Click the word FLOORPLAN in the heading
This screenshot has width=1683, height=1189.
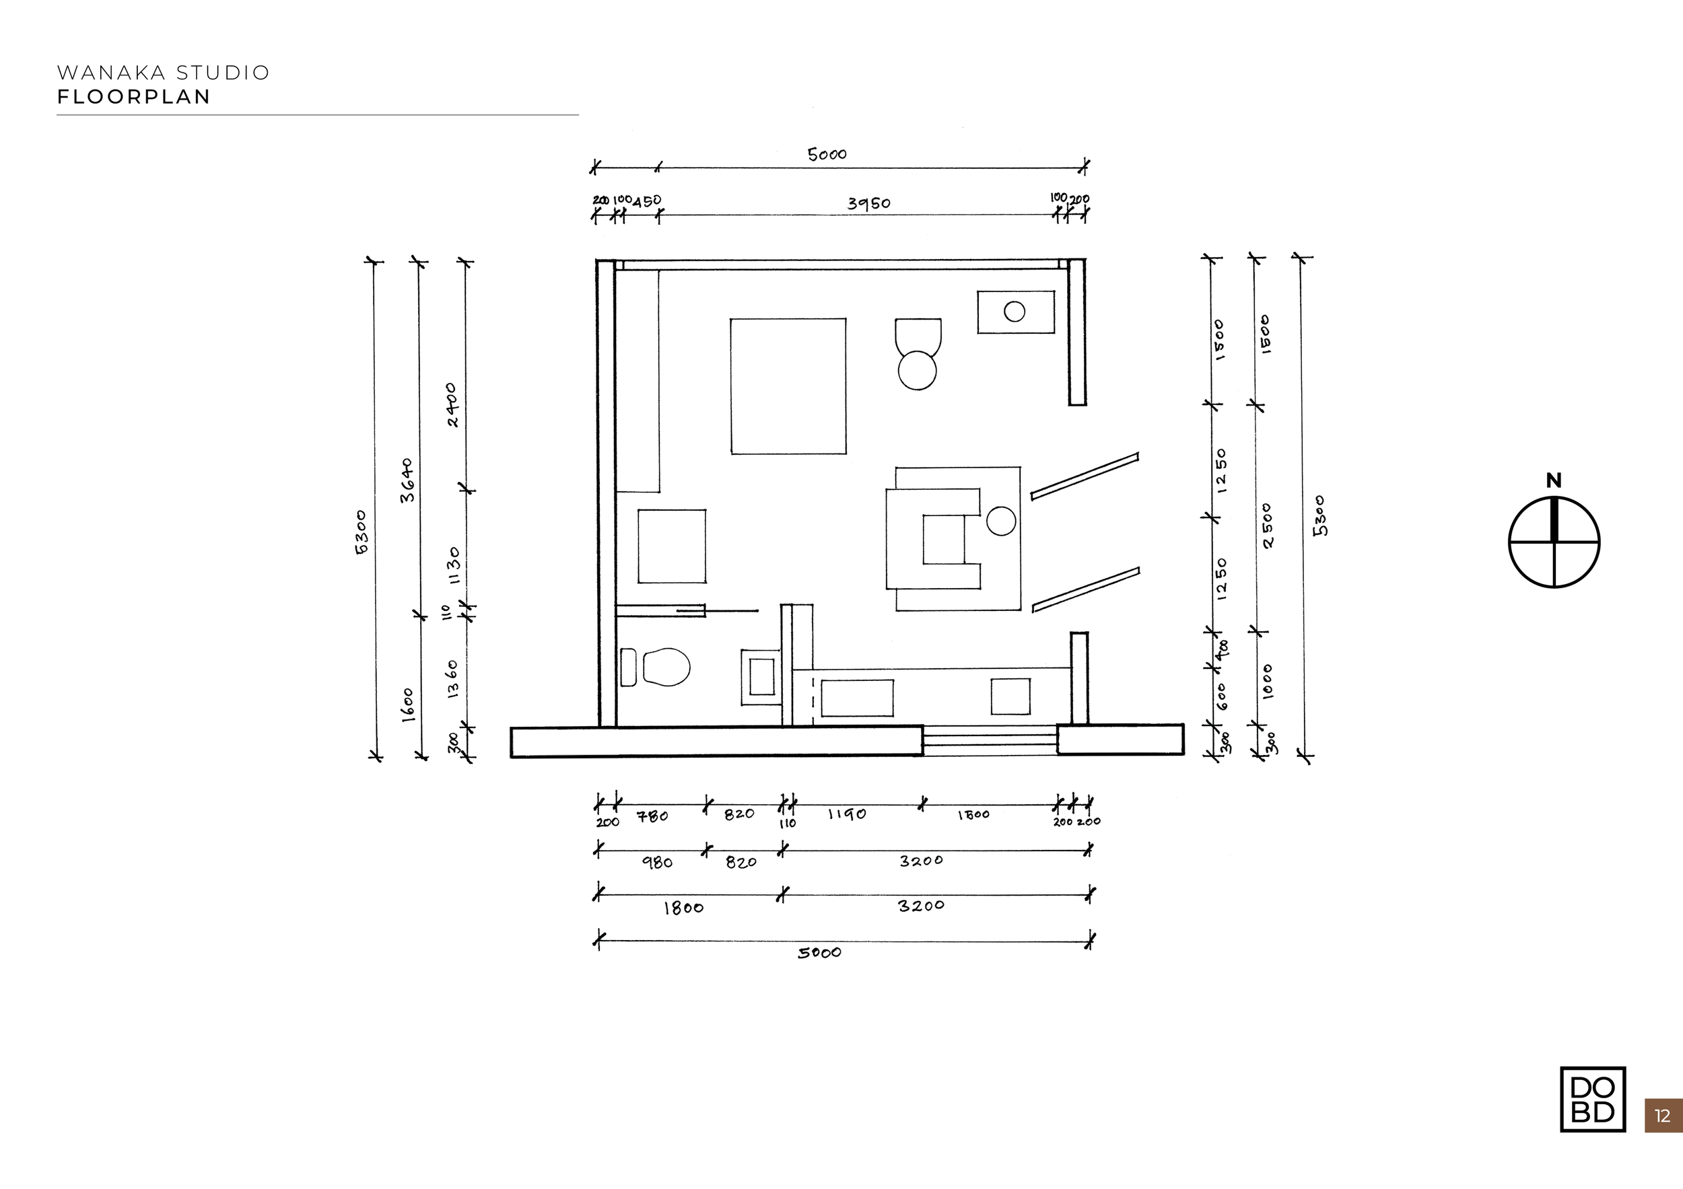coord(134,97)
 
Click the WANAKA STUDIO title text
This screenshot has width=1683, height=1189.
coord(164,73)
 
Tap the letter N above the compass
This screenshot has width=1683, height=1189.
coord(1553,480)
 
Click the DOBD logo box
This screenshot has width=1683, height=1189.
coord(1592,1099)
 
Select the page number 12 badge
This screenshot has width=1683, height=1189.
coord(1663,1116)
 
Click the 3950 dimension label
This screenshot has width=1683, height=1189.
coord(868,203)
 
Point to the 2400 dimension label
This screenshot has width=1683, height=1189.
coord(452,405)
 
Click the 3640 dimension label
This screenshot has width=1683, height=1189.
coord(407,480)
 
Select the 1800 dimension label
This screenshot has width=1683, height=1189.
coord(683,908)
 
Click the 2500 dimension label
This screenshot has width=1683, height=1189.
coord(1268,525)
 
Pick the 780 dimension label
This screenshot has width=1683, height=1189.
coord(652,816)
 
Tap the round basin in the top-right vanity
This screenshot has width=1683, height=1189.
coord(1015,312)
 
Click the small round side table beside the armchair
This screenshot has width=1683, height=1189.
coord(1000,521)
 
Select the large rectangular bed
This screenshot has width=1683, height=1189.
coord(788,386)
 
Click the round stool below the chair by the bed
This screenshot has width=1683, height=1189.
coord(917,370)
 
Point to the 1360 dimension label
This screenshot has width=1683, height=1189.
coord(452,678)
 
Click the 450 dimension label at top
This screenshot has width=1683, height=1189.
coord(646,201)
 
